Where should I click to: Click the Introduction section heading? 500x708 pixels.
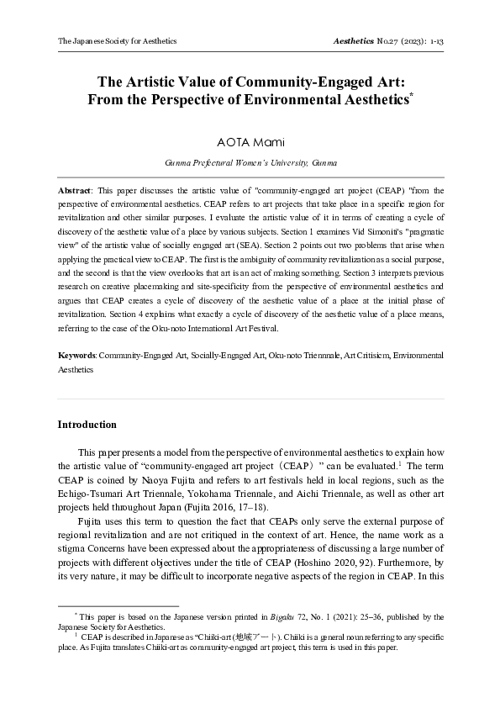87,425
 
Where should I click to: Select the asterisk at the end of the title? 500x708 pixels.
410,97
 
